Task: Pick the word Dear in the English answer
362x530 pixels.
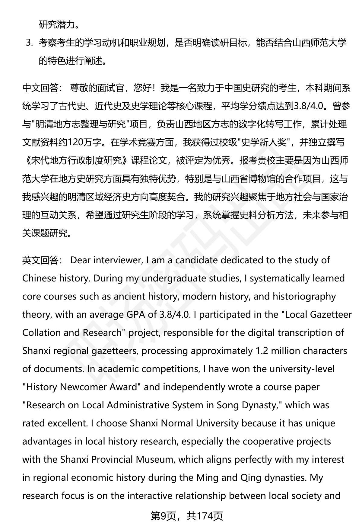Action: (80, 260)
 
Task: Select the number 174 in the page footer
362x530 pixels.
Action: (205, 516)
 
